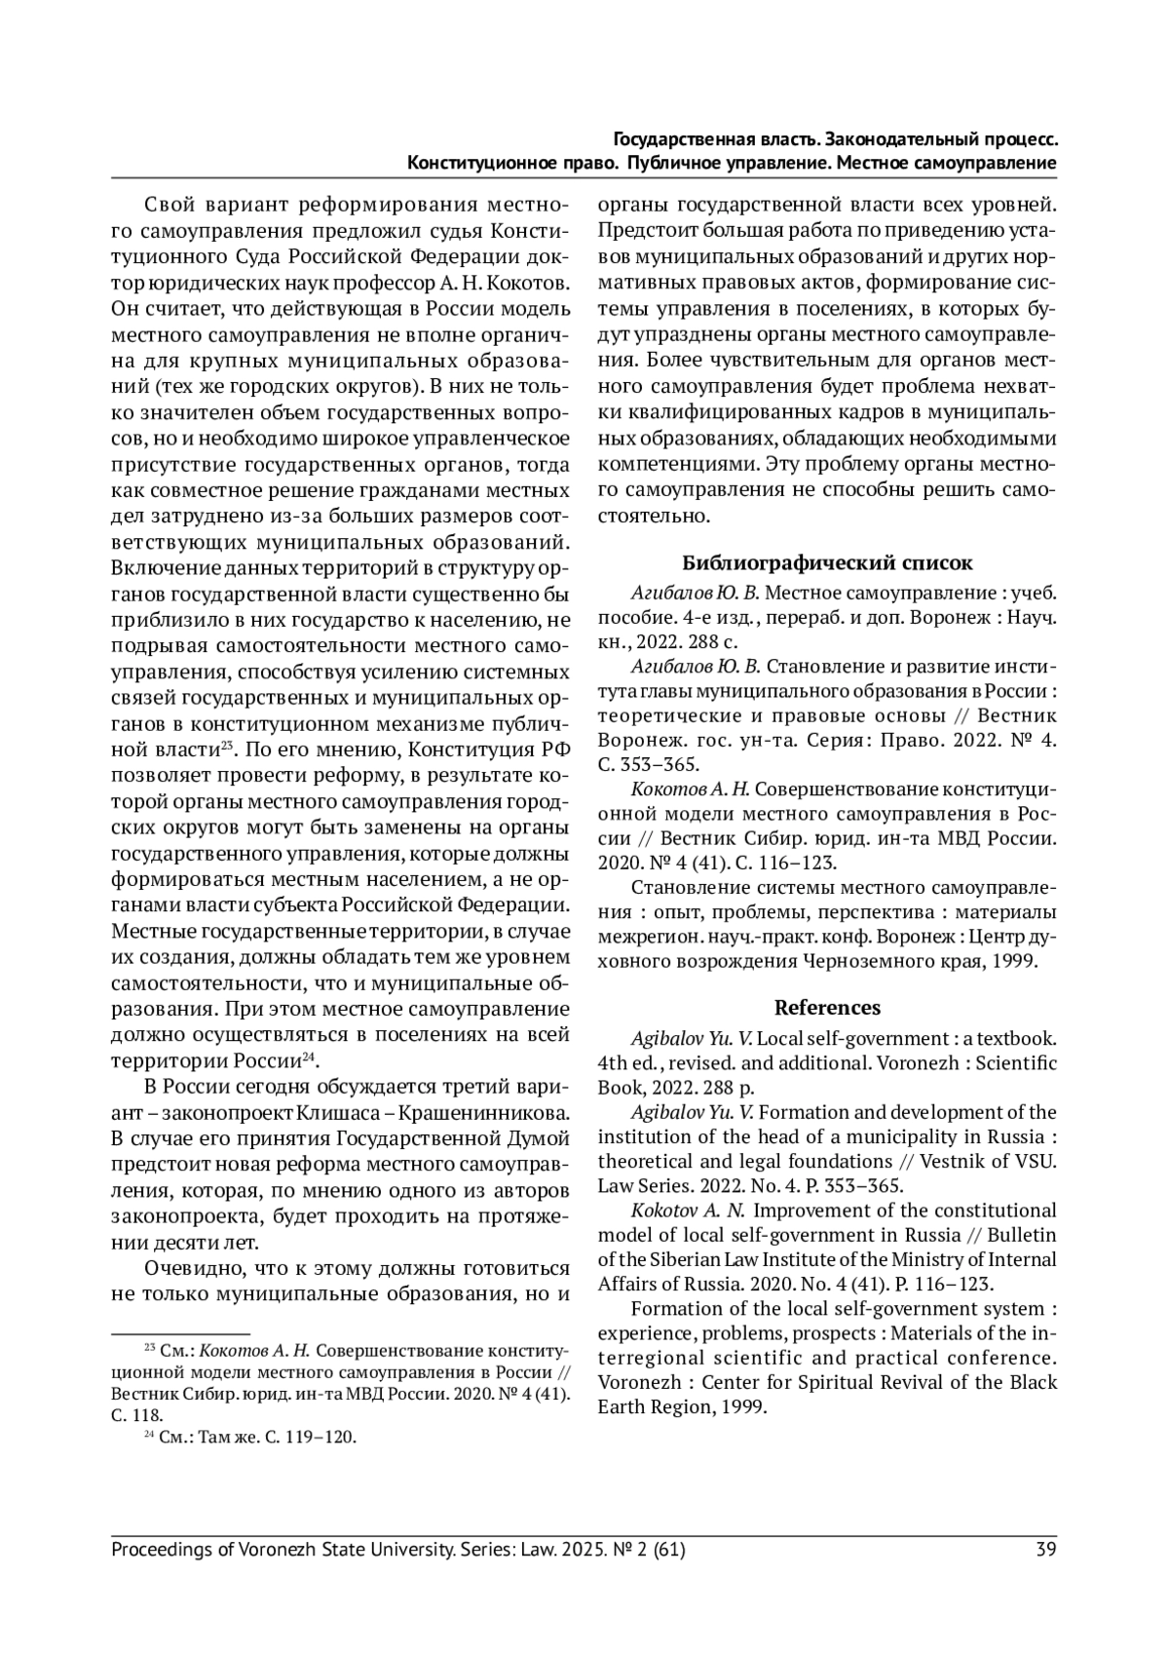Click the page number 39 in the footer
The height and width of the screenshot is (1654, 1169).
point(1046,1549)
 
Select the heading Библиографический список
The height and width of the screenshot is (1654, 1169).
point(826,562)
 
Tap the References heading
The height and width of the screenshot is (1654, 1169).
point(827,1007)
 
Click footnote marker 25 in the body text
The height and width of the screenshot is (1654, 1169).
point(224,746)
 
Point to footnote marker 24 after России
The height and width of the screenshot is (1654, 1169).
point(310,1057)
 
